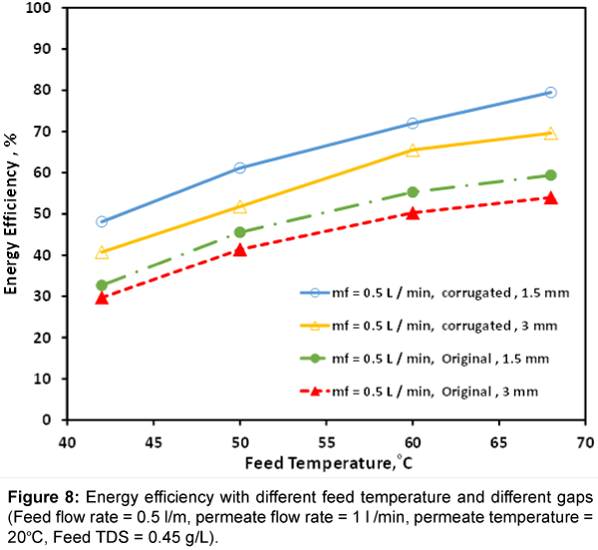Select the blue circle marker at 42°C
pos(102,221)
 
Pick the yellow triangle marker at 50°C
pos(240,207)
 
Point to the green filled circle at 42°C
pos(102,285)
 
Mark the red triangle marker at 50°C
pos(240,249)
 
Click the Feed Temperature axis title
pos(326,463)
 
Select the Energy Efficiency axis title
pos(12,212)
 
